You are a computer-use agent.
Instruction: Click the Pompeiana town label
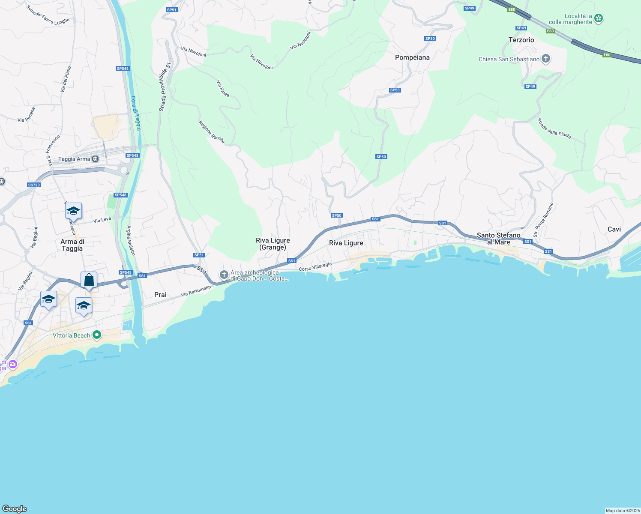tap(412, 57)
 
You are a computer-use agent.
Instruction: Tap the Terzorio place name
tap(521, 40)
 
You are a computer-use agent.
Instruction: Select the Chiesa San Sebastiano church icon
tap(546, 59)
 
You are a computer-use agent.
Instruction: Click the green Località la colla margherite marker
tap(599, 18)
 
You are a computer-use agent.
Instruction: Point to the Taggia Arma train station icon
tap(95, 159)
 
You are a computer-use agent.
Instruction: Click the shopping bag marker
tap(89, 280)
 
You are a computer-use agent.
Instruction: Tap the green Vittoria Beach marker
tap(97, 335)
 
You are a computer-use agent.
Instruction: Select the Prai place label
tap(160, 295)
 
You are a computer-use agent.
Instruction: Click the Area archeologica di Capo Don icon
tap(224, 274)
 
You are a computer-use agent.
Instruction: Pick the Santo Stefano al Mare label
tap(499, 239)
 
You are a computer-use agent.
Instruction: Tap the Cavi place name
tap(614, 229)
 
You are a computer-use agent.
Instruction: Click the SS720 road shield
tap(34, 185)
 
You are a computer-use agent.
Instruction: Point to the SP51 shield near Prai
tap(199, 255)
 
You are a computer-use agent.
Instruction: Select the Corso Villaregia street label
tap(315, 267)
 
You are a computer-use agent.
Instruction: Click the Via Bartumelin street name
tap(196, 291)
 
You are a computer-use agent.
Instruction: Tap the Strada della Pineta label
tap(554, 128)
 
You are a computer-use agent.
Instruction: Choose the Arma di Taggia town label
tap(72, 245)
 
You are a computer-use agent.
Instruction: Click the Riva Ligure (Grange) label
tap(273, 244)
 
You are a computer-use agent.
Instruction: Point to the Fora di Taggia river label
tap(135, 113)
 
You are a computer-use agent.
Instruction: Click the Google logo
tap(15, 509)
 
